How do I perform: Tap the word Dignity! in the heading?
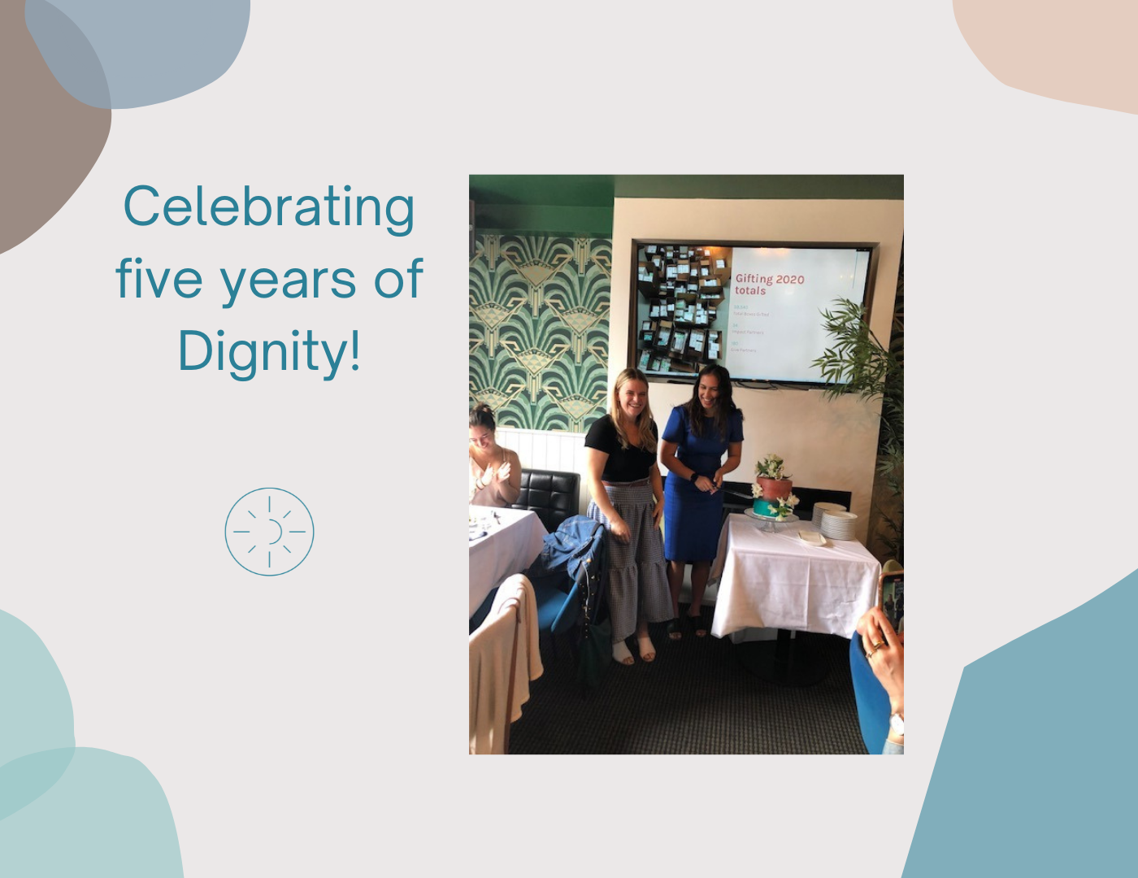click(269, 353)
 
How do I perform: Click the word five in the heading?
click(159, 278)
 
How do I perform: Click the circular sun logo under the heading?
click(269, 532)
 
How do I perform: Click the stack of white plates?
click(835, 521)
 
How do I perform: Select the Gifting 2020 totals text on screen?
click(769, 285)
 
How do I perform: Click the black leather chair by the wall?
click(546, 496)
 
